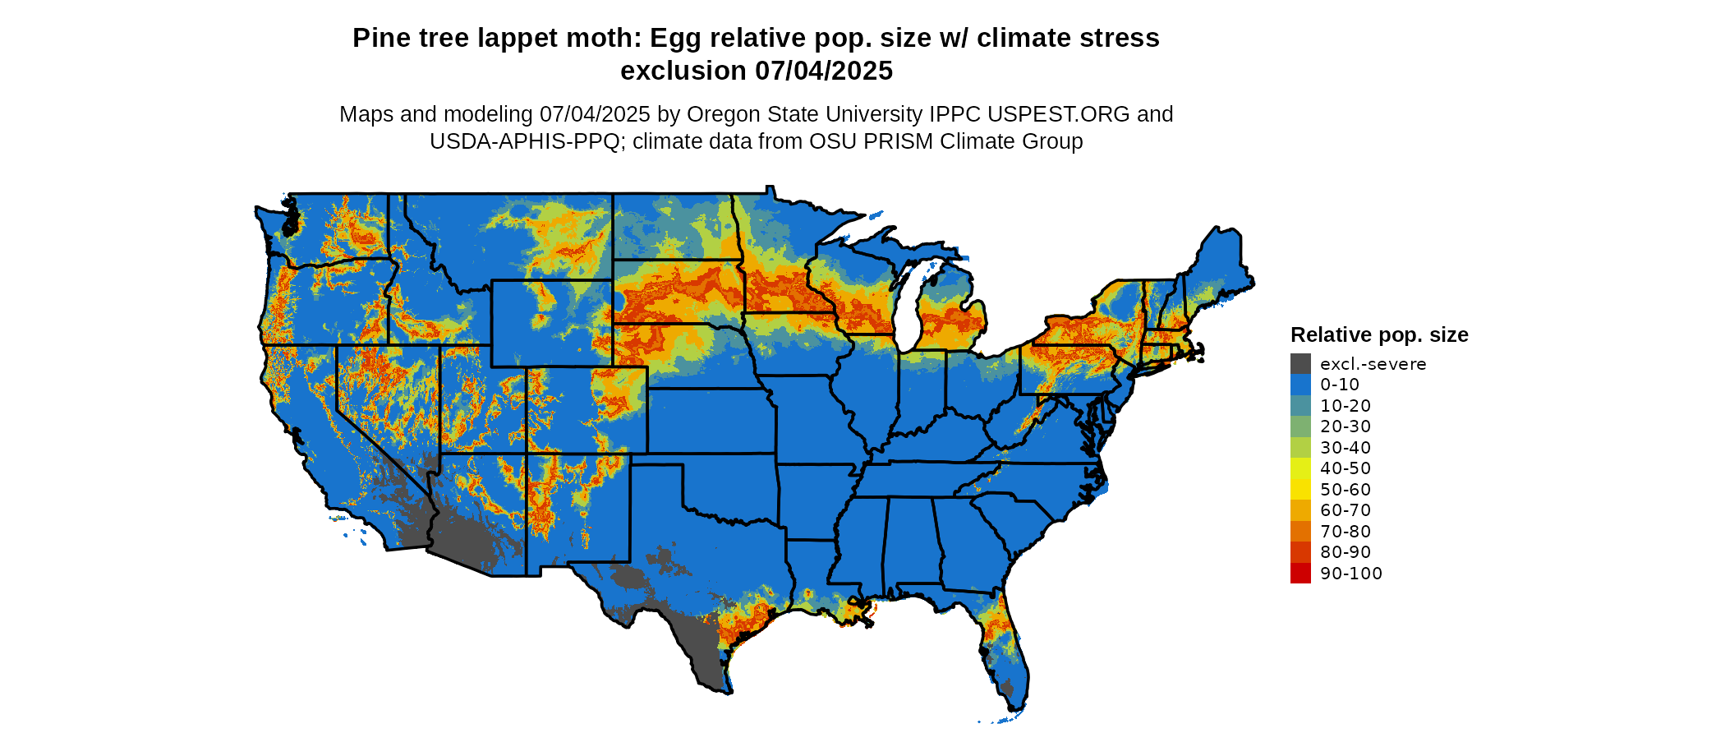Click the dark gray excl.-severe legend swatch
pyautogui.click(x=1300, y=363)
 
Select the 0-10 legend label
pyautogui.click(x=1340, y=385)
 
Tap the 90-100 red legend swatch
pyautogui.click(x=1300, y=573)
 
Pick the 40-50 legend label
pyautogui.click(x=1345, y=468)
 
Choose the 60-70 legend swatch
pyautogui.click(x=1300, y=510)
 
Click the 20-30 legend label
pyautogui.click(x=1345, y=426)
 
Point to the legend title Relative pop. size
pyautogui.click(x=1379, y=335)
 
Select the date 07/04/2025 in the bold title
pyautogui.click(x=824, y=71)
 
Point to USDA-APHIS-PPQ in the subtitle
pyautogui.click(x=524, y=141)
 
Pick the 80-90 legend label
pyautogui.click(x=1345, y=552)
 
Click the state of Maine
pyautogui.click(x=1220, y=263)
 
